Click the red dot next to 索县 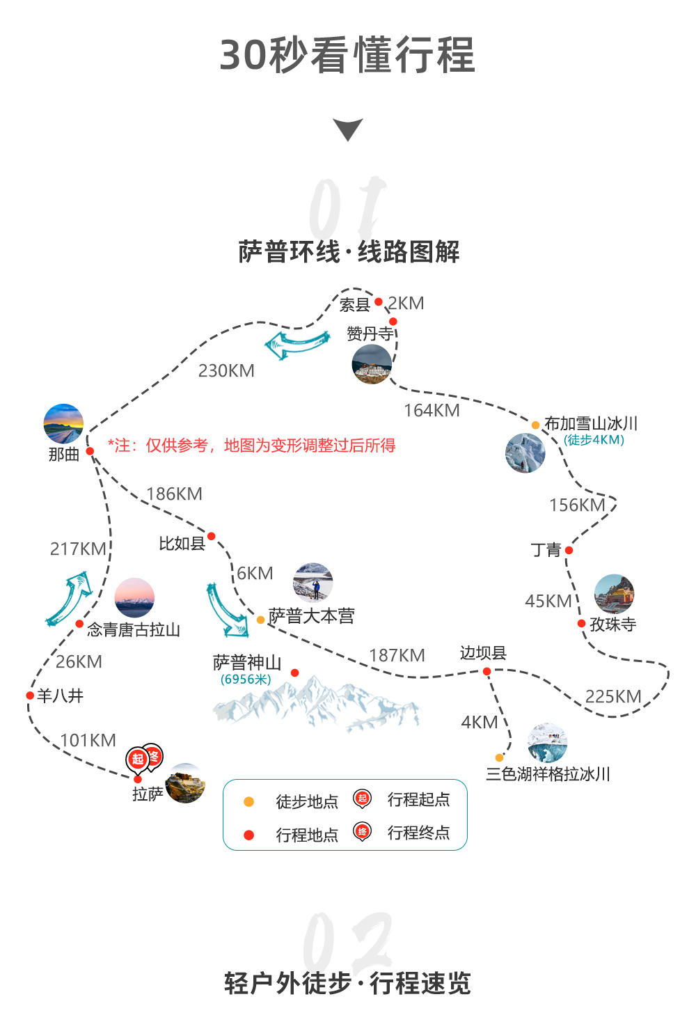(378, 301)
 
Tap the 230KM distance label (226, 370)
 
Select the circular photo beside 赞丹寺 (372, 364)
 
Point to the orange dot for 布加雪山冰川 (535, 425)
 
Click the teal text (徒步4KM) (594, 440)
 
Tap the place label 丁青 (546, 550)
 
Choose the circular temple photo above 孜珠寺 (615, 594)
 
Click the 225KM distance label (613, 696)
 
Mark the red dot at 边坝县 (487, 671)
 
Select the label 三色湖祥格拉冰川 (548, 773)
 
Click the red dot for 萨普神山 (294, 673)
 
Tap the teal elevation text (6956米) (246, 679)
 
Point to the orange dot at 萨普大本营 (260, 620)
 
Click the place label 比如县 (182, 544)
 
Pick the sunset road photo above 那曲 (63, 423)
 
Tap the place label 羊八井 (61, 695)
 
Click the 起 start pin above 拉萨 (137, 760)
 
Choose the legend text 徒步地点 (307, 801)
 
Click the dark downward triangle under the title (348, 129)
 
